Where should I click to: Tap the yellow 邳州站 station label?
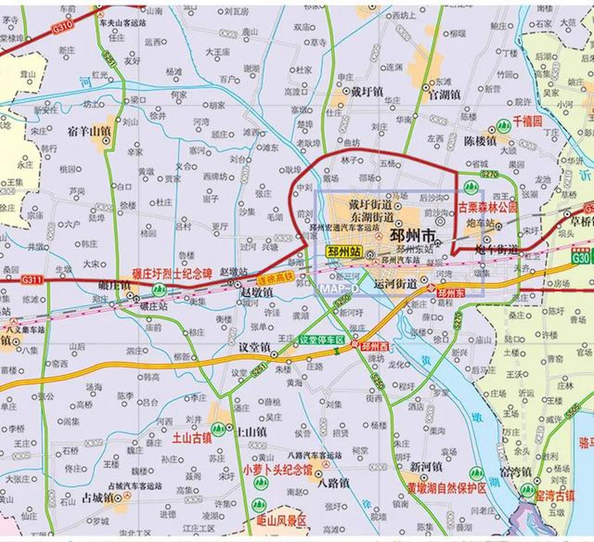click(344, 252)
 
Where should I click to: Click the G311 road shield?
click(32, 279)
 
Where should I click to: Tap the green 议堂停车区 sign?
click(322, 340)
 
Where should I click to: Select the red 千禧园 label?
click(528, 122)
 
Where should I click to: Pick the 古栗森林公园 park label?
click(488, 207)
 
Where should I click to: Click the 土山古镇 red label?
click(191, 437)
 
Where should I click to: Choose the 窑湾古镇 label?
click(555, 495)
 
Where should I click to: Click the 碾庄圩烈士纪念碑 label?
click(172, 274)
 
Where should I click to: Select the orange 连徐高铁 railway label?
click(276, 279)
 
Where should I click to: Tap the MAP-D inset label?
click(339, 288)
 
